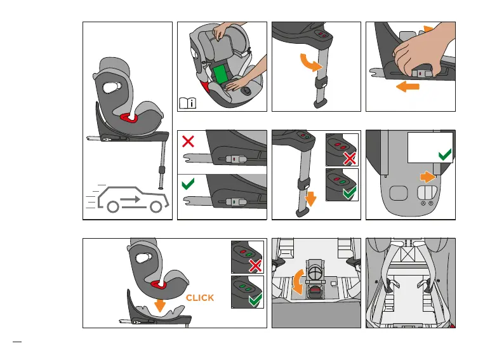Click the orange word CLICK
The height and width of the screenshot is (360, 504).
click(199, 298)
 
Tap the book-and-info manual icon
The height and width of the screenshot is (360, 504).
click(189, 102)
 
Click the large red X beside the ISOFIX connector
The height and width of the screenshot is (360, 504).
click(189, 142)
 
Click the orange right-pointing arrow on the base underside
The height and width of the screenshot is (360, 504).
click(427, 177)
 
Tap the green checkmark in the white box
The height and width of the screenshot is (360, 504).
click(445, 154)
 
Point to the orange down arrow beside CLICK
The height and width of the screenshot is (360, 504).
click(159, 304)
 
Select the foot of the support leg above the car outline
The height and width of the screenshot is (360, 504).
click(161, 187)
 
